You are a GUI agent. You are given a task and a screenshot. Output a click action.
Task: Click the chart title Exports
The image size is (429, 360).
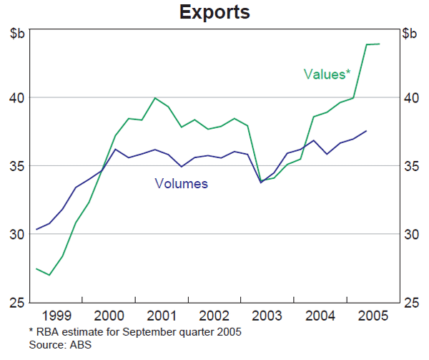[214, 12]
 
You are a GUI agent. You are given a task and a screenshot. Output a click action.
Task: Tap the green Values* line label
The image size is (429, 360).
[327, 74]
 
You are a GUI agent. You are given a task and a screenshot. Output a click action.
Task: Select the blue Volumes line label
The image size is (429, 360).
[181, 184]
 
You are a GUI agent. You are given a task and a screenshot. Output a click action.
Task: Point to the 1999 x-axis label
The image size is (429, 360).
[56, 316]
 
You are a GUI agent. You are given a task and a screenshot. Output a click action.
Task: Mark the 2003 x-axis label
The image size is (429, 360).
[267, 316]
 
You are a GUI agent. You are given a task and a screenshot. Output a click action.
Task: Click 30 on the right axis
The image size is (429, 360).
[410, 235]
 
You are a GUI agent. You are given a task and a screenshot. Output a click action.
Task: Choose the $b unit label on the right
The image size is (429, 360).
[410, 33]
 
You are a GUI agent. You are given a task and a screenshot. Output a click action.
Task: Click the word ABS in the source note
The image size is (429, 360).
[82, 345]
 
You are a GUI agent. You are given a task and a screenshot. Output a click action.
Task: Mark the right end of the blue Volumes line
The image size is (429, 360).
[367, 131]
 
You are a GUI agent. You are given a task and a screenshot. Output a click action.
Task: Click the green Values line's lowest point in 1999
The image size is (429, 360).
[49, 275]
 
